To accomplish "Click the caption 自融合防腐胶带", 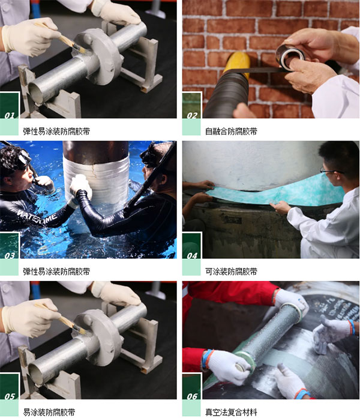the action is click(231, 131).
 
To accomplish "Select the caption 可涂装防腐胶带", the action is click(231, 271).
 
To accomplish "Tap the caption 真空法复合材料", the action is click(231, 412).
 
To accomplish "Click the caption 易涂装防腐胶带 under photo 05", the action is click(49, 412).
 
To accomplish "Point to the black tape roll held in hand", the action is click(289, 56).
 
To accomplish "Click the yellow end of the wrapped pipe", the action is click(237, 64).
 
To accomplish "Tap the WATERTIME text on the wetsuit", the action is click(37, 216).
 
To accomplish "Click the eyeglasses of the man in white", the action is click(330, 171).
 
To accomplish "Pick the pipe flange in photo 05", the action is click(102, 337).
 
